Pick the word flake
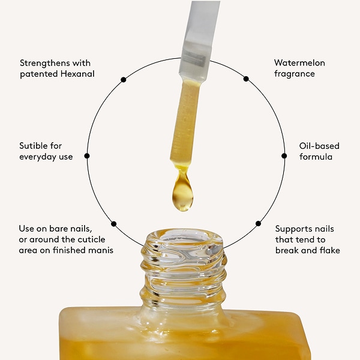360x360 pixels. coord(329,250)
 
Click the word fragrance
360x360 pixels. coord(295,74)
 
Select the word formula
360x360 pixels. coord(316,157)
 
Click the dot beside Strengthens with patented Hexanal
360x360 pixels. coord(123,79)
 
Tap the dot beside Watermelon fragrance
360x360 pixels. coord(245,79)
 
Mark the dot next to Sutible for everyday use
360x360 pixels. coord(87,155)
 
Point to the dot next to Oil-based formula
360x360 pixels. coord(284,155)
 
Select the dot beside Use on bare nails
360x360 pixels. coord(113,224)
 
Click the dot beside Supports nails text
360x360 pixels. coord(259,223)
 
